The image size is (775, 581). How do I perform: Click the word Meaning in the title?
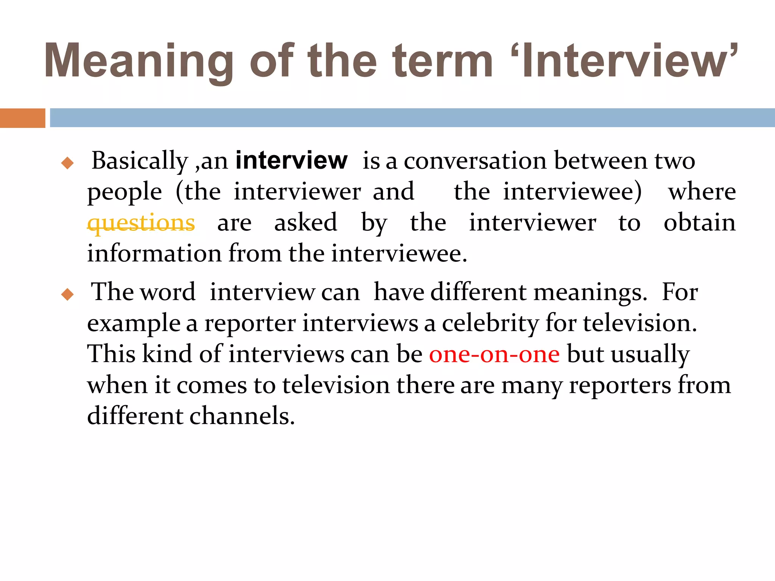[139, 61]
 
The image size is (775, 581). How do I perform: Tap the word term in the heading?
[442, 61]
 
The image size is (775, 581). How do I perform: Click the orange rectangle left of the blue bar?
[22, 118]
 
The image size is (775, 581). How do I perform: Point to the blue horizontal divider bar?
[412, 118]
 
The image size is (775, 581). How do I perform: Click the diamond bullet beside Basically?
[67, 163]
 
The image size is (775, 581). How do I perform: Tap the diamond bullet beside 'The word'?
[67, 294]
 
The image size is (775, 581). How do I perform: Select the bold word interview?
[291, 160]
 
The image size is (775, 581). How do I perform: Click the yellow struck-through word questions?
[141, 223]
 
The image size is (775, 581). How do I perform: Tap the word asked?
[305, 222]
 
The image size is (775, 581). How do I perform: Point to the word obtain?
[700, 222]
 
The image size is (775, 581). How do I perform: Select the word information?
[154, 253]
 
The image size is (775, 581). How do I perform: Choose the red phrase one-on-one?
[494, 354]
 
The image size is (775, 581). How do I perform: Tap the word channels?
[242, 416]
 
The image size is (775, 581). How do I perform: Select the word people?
[124, 192]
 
